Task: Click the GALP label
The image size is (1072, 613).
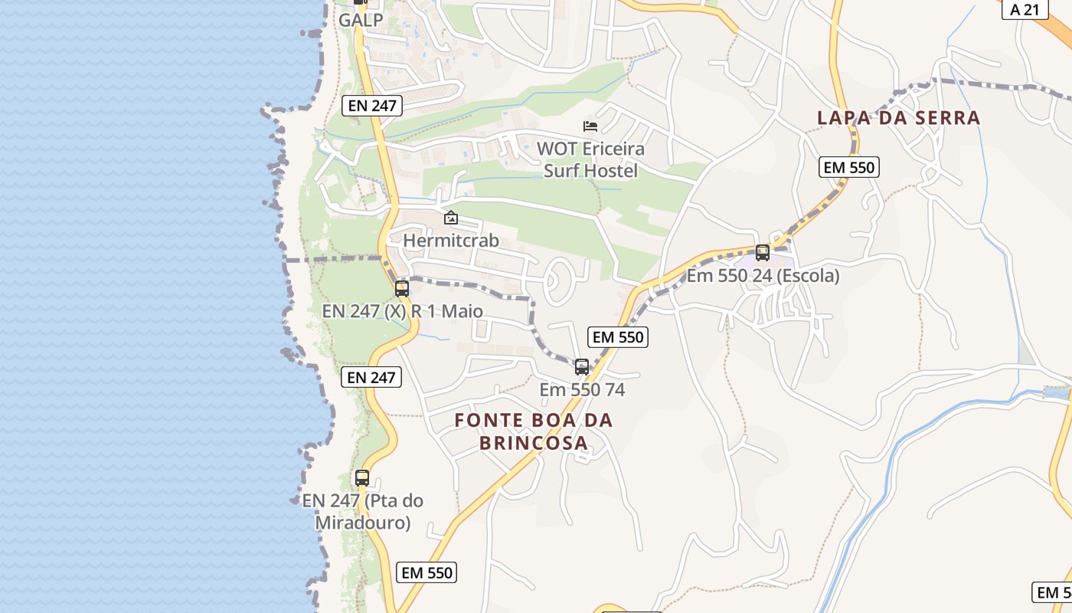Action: pyautogui.click(x=361, y=21)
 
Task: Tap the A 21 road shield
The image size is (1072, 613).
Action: pyautogui.click(x=1025, y=9)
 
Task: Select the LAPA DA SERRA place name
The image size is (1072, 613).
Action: pyautogui.click(x=898, y=118)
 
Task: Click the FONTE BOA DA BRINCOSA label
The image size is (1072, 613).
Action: pyautogui.click(x=534, y=431)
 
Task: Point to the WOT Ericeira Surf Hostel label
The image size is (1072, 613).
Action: pyautogui.click(x=590, y=159)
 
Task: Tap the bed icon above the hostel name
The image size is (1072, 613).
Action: pyautogui.click(x=590, y=126)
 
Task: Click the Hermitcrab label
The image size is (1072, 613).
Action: pyautogui.click(x=451, y=241)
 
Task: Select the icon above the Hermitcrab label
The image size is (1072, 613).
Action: pyautogui.click(x=451, y=218)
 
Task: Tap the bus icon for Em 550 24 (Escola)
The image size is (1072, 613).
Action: pyautogui.click(x=763, y=252)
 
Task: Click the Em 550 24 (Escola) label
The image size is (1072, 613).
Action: pyautogui.click(x=763, y=276)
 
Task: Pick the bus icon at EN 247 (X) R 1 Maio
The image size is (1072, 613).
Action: pyautogui.click(x=402, y=289)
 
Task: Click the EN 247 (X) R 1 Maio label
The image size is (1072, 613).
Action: pyautogui.click(x=403, y=311)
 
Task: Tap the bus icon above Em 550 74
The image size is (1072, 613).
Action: pyautogui.click(x=582, y=367)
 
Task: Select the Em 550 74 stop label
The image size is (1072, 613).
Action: pyautogui.click(x=582, y=390)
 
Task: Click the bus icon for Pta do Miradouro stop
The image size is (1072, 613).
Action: pyautogui.click(x=362, y=478)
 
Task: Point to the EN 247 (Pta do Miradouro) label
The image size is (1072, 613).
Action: pyautogui.click(x=362, y=512)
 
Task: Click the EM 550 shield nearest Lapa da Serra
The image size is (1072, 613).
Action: pyautogui.click(x=849, y=167)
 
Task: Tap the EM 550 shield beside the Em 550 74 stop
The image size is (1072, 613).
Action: pyautogui.click(x=618, y=337)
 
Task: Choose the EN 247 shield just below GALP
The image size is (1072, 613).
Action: pyautogui.click(x=372, y=106)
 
